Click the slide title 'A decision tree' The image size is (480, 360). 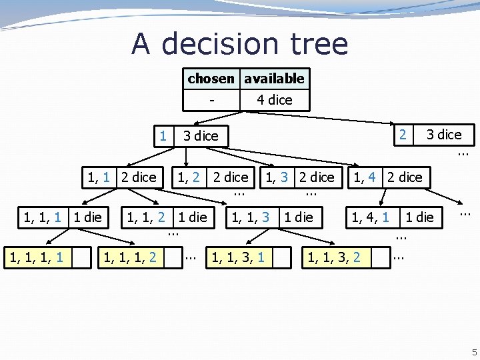(x=239, y=44)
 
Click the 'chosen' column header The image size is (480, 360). (x=211, y=79)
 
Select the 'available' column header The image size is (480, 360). (x=274, y=79)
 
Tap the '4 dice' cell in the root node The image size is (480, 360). (x=274, y=100)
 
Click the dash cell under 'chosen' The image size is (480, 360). (x=211, y=100)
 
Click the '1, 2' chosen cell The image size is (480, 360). (x=189, y=177)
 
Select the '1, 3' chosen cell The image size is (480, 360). (x=277, y=177)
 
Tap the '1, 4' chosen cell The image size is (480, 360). (x=365, y=177)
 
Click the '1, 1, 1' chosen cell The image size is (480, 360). (x=43, y=216)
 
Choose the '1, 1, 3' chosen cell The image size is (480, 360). (x=250, y=216)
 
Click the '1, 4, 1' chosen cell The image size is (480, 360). (x=371, y=216)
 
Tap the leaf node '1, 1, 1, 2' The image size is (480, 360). (x=130, y=257)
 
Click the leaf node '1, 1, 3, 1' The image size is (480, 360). (x=238, y=257)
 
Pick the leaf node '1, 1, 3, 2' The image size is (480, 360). (x=333, y=257)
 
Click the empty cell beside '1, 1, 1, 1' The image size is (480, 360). (x=81, y=257)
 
